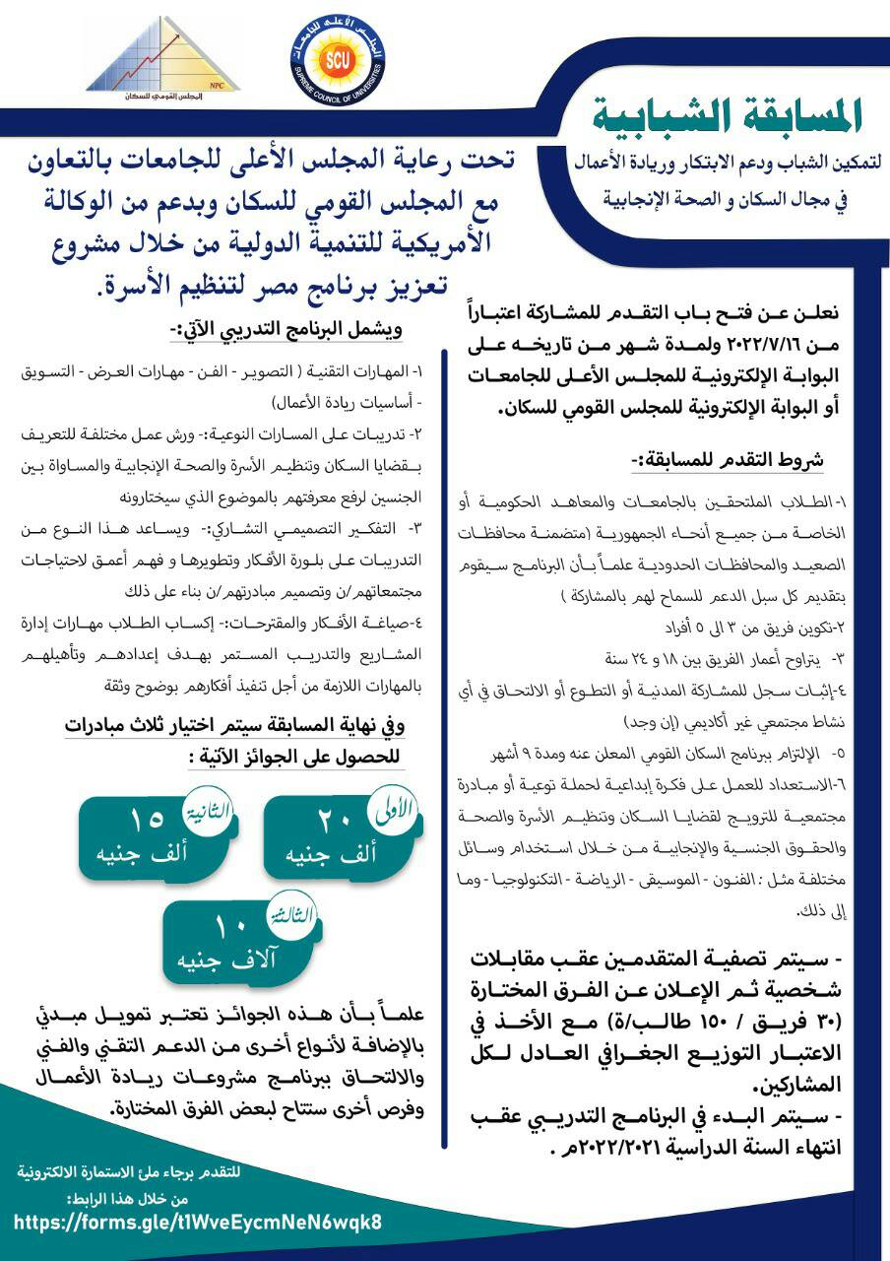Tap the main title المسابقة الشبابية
coord(728,116)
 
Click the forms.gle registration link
coord(198,1223)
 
